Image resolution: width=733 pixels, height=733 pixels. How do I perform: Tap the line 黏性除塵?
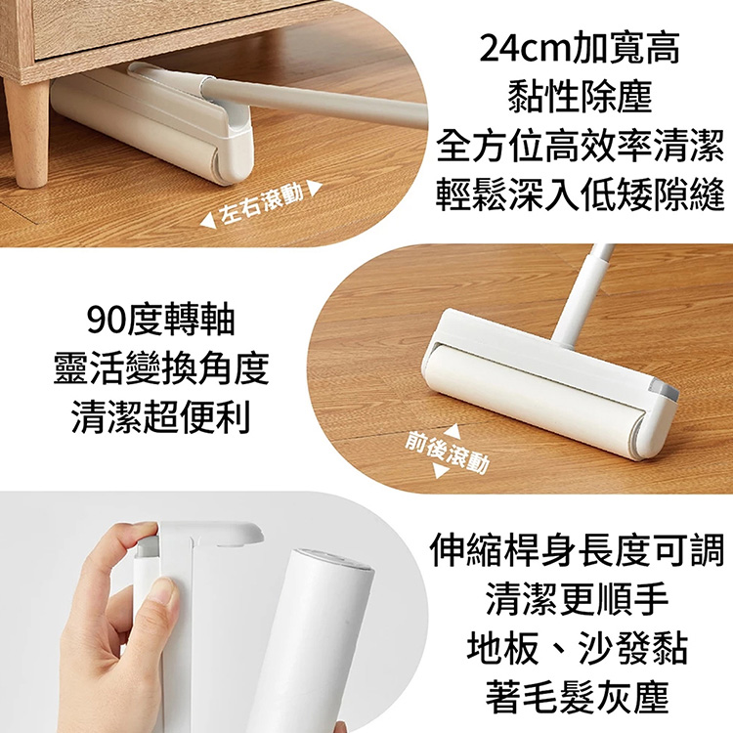pyautogui.click(x=581, y=96)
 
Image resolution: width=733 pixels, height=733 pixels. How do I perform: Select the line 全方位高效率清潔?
pyautogui.click(x=581, y=146)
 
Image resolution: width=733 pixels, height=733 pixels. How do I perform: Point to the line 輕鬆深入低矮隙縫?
pyautogui.click(x=581, y=195)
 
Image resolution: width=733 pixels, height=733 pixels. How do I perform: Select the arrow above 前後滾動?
pyautogui.click(x=452, y=431)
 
